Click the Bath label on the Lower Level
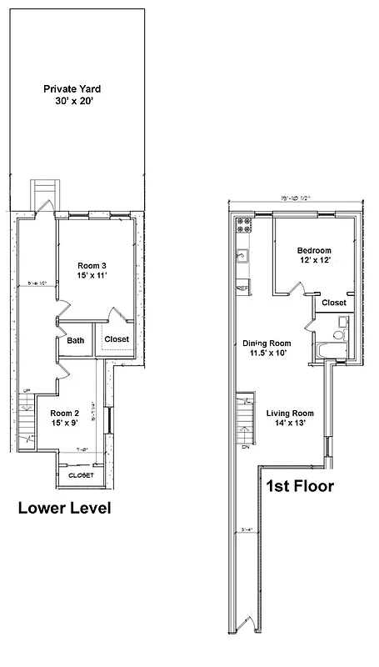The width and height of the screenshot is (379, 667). (x=76, y=340)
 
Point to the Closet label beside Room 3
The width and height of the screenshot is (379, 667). (x=116, y=339)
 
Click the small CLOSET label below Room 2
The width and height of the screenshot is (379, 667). (x=81, y=475)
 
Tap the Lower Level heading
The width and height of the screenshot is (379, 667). (x=64, y=507)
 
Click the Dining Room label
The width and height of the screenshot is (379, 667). (x=266, y=349)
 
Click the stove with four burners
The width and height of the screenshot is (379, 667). (x=245, y=224)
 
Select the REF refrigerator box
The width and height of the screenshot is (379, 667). (x=243, y=288)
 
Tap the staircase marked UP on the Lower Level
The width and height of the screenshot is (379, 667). (x=27, y=417)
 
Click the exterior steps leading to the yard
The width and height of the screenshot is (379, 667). (x=42, y=193)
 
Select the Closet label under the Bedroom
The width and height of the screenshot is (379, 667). (x=333, y=303)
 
